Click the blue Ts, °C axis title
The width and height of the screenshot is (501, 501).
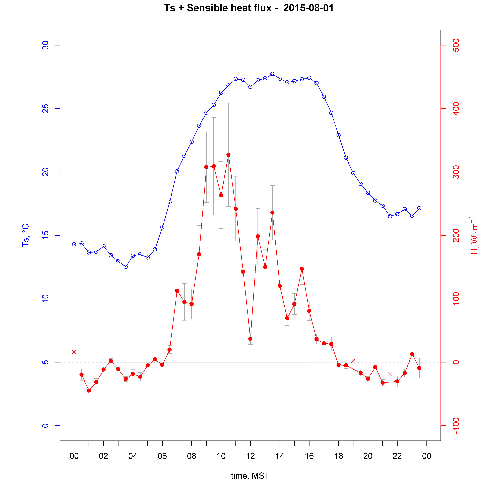pyautogui.click(x=26, y=235)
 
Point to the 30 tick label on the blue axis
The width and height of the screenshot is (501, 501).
pyautogui.click(x=45, y=45)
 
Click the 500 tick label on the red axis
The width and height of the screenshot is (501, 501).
pyautogui.click(x=456, y=45)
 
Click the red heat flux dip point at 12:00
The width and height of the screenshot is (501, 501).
pyautogui.click(x=250, y=339)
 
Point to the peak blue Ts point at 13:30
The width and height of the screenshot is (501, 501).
pyautogui.click(x=272, y=74)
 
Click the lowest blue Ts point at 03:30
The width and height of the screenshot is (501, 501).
pyautogui.click(x=126, y=267)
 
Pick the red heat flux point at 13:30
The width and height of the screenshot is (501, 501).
pyautogui.click(x=272, y=213)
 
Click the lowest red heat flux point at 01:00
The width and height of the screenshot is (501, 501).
pyautogui.click(x=89, y=391)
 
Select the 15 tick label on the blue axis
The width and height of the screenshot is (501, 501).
pyautogui.click(x=45, y=235)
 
